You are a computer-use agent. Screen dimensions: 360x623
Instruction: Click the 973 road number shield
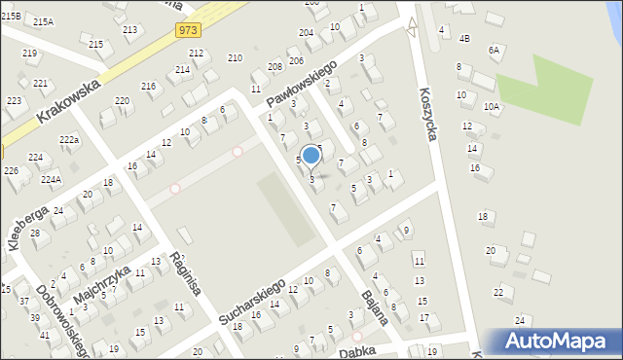tap(190, 31)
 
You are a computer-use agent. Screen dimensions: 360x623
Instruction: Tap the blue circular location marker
tap(311, 155)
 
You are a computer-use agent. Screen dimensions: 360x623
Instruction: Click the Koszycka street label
tap(426, 115)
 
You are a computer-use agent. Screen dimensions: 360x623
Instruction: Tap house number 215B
tap(11, 17)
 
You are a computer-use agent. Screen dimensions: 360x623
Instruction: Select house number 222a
tap(68, 141)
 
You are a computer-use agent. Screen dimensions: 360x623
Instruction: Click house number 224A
tap(52, 179)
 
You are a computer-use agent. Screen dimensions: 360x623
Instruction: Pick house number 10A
tap(491, 107)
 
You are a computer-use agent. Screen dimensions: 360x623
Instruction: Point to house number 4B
tap(464, 39)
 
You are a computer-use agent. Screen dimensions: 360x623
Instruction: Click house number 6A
tap(494, 50)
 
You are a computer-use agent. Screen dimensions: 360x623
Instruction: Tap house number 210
tap(235, 58)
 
